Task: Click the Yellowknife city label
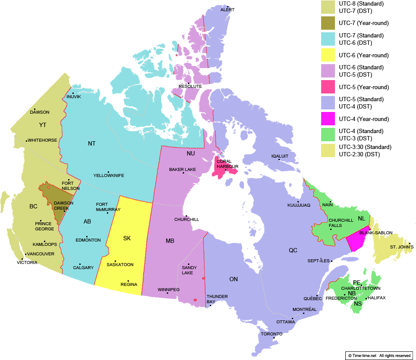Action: pyautogui.click(x=109, y=176)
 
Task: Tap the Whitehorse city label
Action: pyautogui.click(x=42, y=140)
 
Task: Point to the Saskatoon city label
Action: pyautogui.click(x=120, y=264)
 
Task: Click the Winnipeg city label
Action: pyautogui.click(x=169, y=289)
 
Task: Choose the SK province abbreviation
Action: pyautogui.click(x=127, y=238)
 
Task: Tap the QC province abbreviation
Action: pyautogui.click(x=293, y=250)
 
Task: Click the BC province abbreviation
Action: pyautogui.click(x=33, y=207)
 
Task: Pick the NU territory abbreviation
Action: pyautogui.click(x=191, y=154)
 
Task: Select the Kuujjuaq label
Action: pyautogui.click(x=299, y=205)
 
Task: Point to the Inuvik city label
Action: pyautogui.click(x=74, y=96)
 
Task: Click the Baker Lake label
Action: pyautogui.click(x=182, y=170)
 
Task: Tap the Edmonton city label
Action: pyautogui.click(x=88, y=240)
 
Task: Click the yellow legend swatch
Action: pyautogui.click(x=328, y=55)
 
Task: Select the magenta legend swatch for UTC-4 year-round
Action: pyautogui.click(x=328, y=118)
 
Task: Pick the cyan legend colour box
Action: pyautogui.click(x=328, y=39)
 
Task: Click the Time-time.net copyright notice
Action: pyautogui.click(x=379, y=355)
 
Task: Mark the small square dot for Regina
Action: pyautogui.click(x=128, y=281)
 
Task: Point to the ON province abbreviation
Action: pyautogui.click(x=233, y=279)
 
